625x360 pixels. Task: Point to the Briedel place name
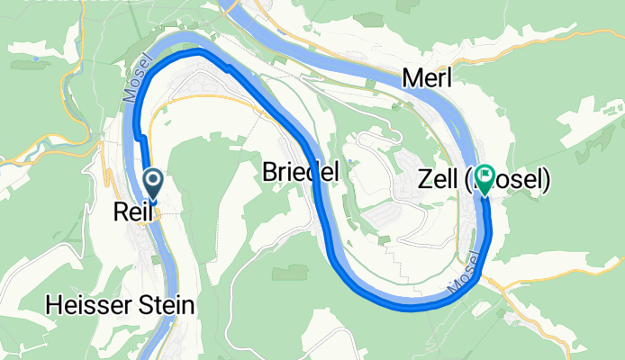pos(300,171)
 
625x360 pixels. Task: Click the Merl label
pos(427,78)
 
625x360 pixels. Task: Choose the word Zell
pos(439,181)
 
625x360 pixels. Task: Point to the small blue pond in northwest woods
pos(35,60)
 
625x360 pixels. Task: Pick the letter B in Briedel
pos(269,171)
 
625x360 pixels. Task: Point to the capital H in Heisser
pos(53,306)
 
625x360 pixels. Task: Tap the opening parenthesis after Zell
pos(468,181)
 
